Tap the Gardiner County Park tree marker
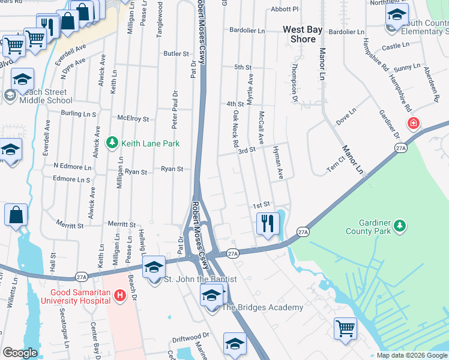click(x=399, y=226)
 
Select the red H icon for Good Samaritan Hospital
click(x=119, y=295)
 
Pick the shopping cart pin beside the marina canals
click(x=345, y=328)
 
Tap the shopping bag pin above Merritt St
click(x=16, y=214)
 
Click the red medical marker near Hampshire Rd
click(x=413, y=124)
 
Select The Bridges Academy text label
click(x=263, y=308)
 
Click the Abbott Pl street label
click(x=284, y=10)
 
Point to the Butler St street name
click(x=176, y=53)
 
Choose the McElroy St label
click(x=133, y=119)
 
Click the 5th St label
click(x=243, y=67)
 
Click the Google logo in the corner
click(x=20, y=352)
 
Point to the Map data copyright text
click(x=412, y=355)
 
